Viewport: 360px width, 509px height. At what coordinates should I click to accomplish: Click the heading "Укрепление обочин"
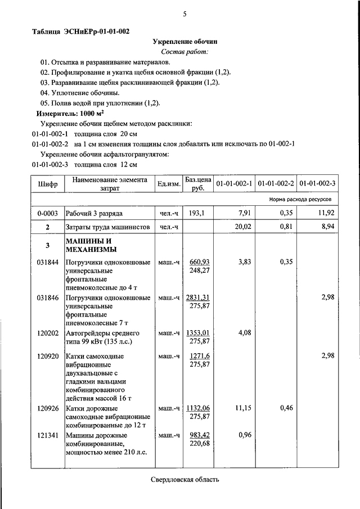185,42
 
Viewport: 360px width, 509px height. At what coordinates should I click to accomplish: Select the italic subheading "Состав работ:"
185,52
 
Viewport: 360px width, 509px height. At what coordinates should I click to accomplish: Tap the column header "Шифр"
48,184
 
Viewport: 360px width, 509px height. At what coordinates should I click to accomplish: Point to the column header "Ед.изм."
168,184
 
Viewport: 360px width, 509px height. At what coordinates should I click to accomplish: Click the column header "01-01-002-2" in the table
276,184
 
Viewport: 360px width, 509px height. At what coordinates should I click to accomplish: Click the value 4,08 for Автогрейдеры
244,332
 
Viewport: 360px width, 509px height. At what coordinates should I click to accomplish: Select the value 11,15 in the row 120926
242,408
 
